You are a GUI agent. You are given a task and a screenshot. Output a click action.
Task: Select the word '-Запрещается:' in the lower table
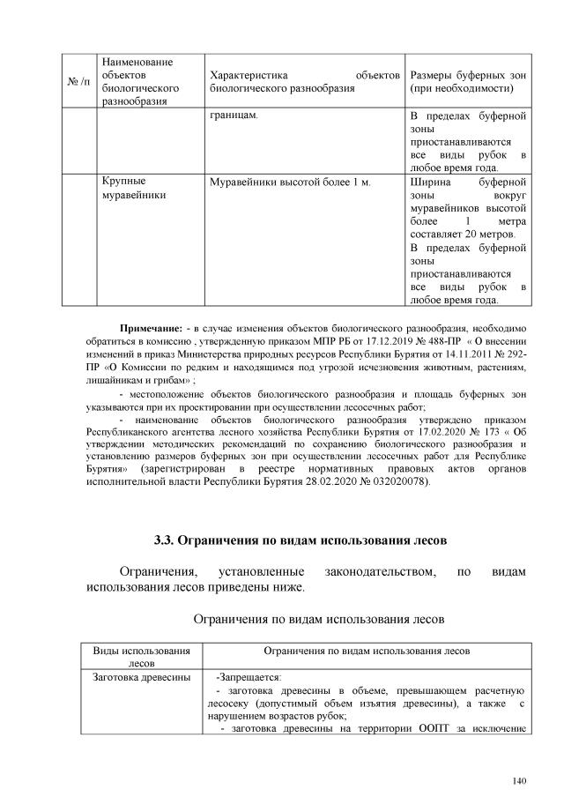249,677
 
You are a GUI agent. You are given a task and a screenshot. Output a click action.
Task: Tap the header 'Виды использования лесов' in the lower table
141,656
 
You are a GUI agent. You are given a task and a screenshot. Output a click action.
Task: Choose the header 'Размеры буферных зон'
468,75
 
